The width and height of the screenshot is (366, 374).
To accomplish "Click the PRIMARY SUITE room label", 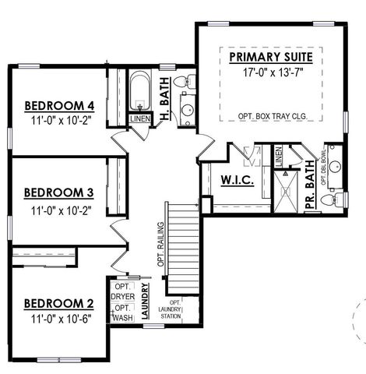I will (272, 58).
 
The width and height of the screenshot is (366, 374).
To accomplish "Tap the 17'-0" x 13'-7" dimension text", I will (272, 73).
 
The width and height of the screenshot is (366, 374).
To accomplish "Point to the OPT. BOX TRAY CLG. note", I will (272, 116).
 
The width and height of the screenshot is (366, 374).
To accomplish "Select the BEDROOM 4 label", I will (59, 106).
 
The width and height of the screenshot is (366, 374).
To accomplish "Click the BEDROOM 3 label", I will (59, 192).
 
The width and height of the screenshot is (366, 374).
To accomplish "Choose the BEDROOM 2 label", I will (59, 303).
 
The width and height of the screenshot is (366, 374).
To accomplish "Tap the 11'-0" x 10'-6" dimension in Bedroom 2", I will (59, 319).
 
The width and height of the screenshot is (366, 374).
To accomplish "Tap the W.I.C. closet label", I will (234, 180).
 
